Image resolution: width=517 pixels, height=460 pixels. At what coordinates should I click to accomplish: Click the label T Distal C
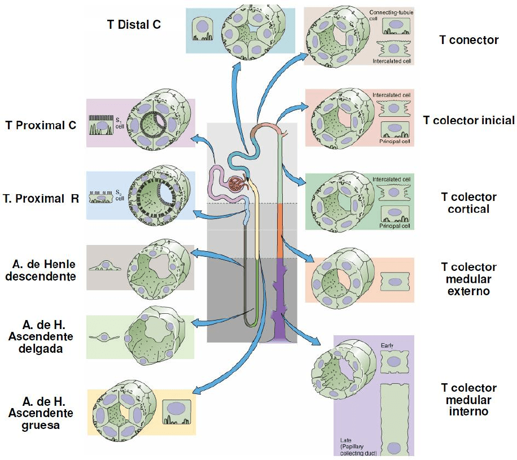point(134,24)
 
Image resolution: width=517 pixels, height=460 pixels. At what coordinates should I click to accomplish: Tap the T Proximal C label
point(41,125)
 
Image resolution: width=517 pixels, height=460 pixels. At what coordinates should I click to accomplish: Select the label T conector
point(468,40)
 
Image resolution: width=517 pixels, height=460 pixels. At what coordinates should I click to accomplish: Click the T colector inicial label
point(468,120)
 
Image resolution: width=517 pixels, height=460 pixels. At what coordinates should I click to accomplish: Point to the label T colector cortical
point(468,203)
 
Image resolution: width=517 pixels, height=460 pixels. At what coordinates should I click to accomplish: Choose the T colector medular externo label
point(468,279)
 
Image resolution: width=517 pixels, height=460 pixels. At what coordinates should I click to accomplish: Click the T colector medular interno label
point(468,399)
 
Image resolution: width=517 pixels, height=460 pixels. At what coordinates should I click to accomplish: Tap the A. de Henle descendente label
point(44,270)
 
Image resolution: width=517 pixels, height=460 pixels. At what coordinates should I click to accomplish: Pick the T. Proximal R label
point(41,199)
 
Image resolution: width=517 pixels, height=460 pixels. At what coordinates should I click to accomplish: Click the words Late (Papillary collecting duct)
point(362,445)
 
